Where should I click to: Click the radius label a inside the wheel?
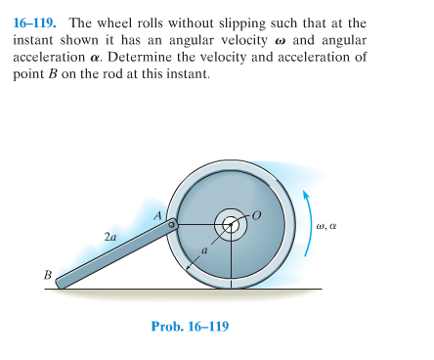204,250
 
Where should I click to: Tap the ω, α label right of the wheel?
327,225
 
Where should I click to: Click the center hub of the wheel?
231,225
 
